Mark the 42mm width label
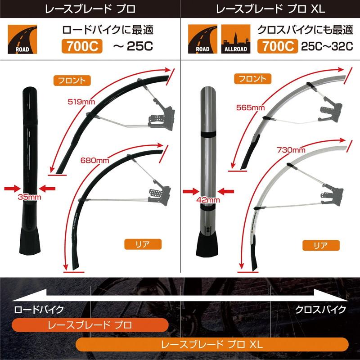(208, 200)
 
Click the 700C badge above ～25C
(83, 46)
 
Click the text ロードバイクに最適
(108, 31)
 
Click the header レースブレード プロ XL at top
(270, 9)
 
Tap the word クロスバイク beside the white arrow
(320, 310)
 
